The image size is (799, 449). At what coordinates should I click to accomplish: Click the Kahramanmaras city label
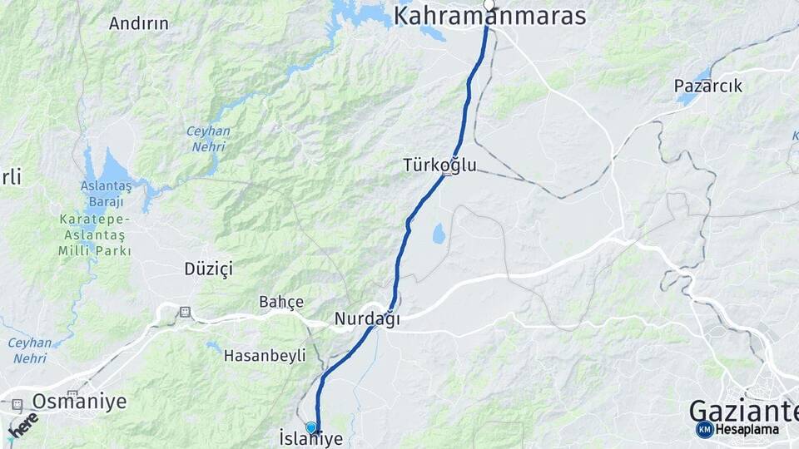(x=489, y=17)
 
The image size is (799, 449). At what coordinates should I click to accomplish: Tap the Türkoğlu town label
(x=439, y=165)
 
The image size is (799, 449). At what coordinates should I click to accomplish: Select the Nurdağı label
(x=367, y=318)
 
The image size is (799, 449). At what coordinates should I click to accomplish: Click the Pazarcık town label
(x=707, y=86)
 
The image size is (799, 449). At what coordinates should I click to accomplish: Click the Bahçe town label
(x=281, y=302)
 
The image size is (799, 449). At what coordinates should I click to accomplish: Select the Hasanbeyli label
(x=265, y=356)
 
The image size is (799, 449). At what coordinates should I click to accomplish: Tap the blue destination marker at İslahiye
(x=311, y=427)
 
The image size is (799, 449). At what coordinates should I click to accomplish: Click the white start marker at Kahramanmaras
(x=489, y=6)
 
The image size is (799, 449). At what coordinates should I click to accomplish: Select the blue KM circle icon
(x=704, y=429)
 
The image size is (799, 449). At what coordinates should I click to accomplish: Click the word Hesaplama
(x=747, y=430)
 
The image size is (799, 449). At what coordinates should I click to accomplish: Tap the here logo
(x=22, y=426)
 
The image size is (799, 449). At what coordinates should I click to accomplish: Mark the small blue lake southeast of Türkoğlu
(x=438, y=235)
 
